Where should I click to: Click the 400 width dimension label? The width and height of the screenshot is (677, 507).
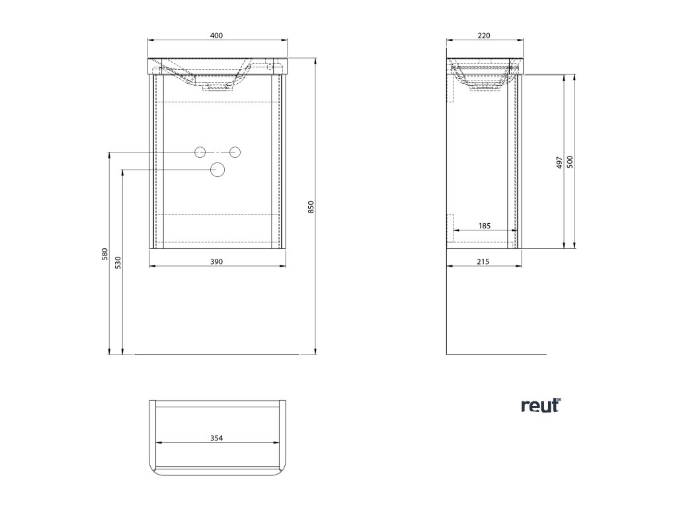click(216, 35)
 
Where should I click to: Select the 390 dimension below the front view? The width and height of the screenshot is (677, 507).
click(216, 261)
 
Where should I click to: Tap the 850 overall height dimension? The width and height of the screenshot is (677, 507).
click(310, 207)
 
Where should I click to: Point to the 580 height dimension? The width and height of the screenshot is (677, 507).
click(104, 254)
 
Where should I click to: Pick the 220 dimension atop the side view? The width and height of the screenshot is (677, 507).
click(483, 35)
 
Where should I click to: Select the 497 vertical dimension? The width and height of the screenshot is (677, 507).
click(559, 162)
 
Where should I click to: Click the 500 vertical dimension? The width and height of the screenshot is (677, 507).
click(569, 162)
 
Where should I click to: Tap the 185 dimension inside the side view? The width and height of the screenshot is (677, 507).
click(484, 226)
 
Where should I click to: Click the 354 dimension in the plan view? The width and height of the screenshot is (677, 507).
click(216, 438)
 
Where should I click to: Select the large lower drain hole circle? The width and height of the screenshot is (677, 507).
click(217, 170)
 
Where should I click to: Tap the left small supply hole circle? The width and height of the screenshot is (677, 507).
click(200, 152)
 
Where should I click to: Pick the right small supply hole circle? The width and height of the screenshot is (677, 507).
click(234, 152)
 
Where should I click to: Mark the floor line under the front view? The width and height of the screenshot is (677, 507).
click(218, 355)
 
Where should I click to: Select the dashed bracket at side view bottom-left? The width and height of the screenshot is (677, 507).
click(452, 226)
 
